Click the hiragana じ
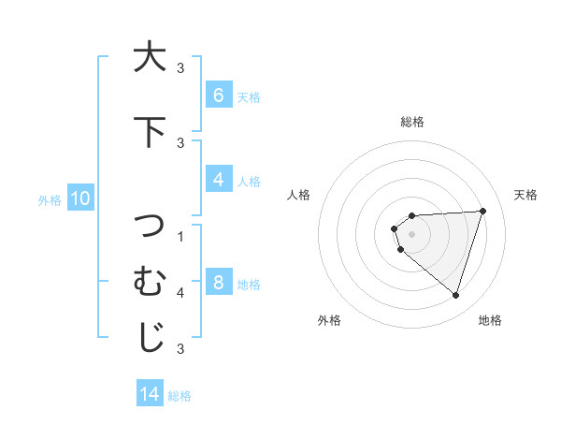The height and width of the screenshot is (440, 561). [149, 338]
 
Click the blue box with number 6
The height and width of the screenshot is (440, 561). [218, 95]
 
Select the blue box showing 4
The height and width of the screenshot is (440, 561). [218, 181]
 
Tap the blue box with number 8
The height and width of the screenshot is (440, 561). [218, 284]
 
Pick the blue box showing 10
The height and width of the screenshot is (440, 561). [80, 198]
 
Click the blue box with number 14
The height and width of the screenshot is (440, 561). [150, 394]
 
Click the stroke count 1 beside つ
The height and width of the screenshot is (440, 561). [180, 236]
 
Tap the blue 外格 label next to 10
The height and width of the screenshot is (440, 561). [50, 199]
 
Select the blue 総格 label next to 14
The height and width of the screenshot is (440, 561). [180, 395]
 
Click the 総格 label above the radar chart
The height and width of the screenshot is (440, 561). [412, 122]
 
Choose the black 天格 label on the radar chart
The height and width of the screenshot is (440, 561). [526, 195]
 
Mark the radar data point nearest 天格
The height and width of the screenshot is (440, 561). [482, 211]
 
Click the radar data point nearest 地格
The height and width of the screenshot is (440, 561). [455, 295]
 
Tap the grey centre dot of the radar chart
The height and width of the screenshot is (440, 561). [412, 234]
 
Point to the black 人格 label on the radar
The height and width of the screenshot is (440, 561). [298, 195]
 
